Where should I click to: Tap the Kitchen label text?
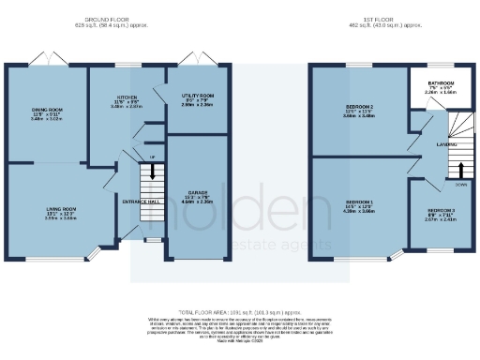127,97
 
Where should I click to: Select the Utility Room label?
198,97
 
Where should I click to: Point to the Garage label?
195,192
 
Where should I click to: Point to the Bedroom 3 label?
442,211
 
